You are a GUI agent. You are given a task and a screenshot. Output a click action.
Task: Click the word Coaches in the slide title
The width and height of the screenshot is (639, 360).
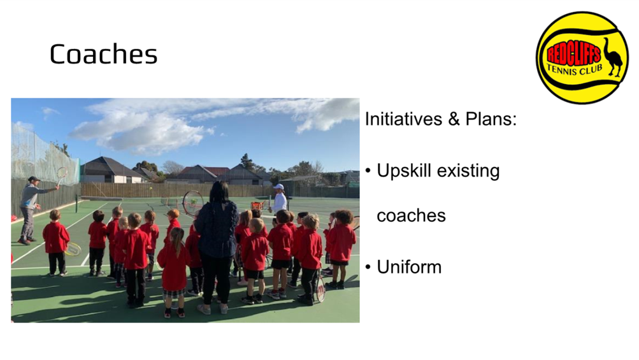point(103,54)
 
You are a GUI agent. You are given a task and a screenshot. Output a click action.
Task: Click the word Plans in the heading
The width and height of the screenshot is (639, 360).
point(491,119)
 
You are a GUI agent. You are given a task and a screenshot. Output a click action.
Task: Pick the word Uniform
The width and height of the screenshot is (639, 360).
point(409,268)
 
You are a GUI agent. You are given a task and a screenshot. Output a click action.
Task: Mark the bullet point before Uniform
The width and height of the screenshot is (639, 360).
point(368,268)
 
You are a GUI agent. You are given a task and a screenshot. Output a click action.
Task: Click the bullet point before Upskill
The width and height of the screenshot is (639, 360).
point(368,171)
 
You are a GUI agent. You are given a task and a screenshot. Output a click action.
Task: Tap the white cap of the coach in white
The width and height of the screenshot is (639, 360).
point(279,187)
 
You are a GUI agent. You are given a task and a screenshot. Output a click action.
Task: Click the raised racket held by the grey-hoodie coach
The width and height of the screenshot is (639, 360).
point(61,175)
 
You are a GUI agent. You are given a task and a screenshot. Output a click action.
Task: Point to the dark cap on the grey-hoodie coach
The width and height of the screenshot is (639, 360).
point(33,179)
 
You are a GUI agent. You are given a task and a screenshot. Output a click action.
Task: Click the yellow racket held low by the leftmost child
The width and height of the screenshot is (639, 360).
point(73,248)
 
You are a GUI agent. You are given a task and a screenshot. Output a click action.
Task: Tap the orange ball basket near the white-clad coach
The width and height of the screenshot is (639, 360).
point(258,206)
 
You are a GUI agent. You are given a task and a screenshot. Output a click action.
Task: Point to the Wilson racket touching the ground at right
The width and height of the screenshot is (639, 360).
point(320,287)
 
